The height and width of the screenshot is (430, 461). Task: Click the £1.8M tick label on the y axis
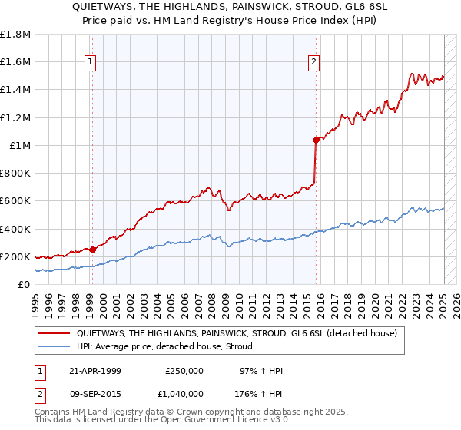point(15,35)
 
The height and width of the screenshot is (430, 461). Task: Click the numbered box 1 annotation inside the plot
point(91,63)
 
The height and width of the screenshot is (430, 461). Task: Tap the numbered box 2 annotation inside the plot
point(315,63)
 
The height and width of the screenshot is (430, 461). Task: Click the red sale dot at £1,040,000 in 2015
point(316,140)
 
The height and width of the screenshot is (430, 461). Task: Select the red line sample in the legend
point(56,333)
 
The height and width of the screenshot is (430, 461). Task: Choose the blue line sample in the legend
point(56,346)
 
